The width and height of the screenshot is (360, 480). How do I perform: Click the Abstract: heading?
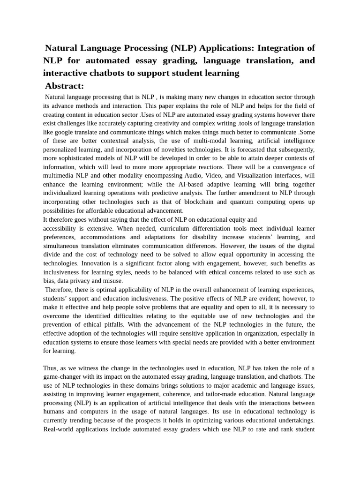tap(64, 86)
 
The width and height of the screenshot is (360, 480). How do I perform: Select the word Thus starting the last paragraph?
tap(51, 368)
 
